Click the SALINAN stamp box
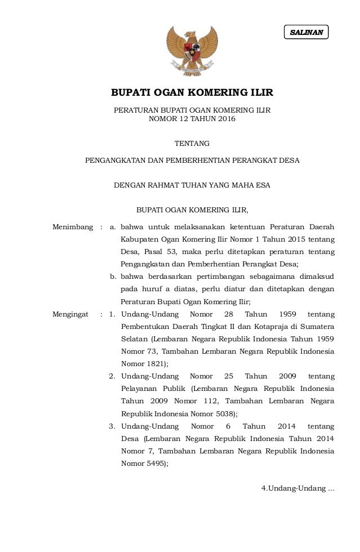click(x=306, y=32)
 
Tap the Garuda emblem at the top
click(x=192, y=51)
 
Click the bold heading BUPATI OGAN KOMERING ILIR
click(x=192, y=92)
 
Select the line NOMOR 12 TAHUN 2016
click(x=192, y=119)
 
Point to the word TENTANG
click(x=192, y=143)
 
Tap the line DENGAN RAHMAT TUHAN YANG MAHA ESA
click(x=192, y=185)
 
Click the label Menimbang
click(x=72, y=227)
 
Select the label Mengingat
click(x=70, y=314)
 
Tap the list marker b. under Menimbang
click(x=113, y=277)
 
